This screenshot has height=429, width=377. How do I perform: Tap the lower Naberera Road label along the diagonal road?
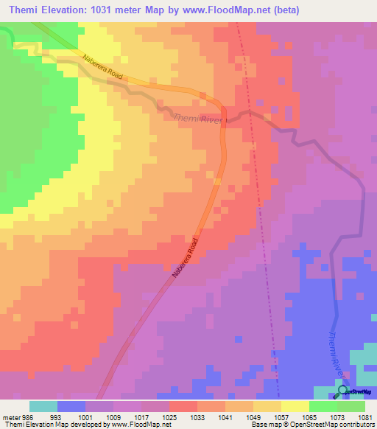click(x=186, y=258)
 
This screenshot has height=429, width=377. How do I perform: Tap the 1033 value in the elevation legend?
click(x=183, y=418)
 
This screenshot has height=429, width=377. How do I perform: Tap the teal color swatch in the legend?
click(x=43, y=406)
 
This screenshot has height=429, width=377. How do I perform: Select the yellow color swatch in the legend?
click(x=295, y=406)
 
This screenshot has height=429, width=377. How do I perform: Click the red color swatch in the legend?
click(x=183, y=406)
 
